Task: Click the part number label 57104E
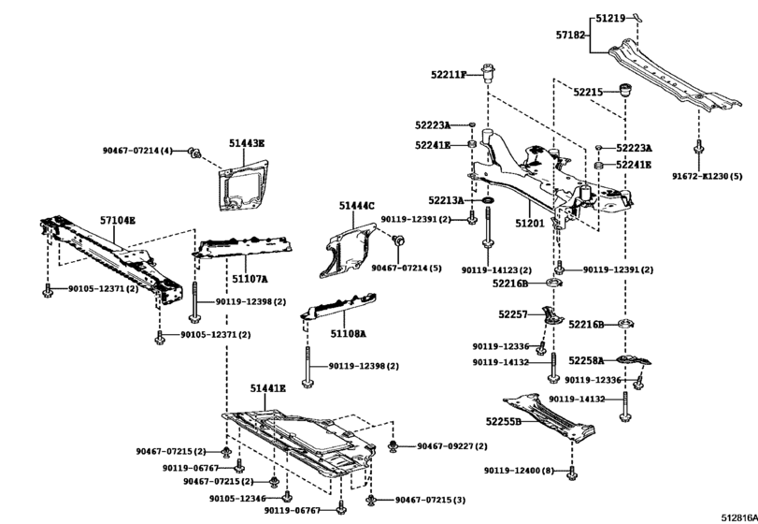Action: click(119, 220)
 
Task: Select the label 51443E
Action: click(247, 143)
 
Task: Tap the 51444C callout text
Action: click(356, 205)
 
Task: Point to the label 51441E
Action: click(267, 387)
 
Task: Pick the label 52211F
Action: click(447, 74)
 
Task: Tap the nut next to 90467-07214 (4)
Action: click(193, 152)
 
